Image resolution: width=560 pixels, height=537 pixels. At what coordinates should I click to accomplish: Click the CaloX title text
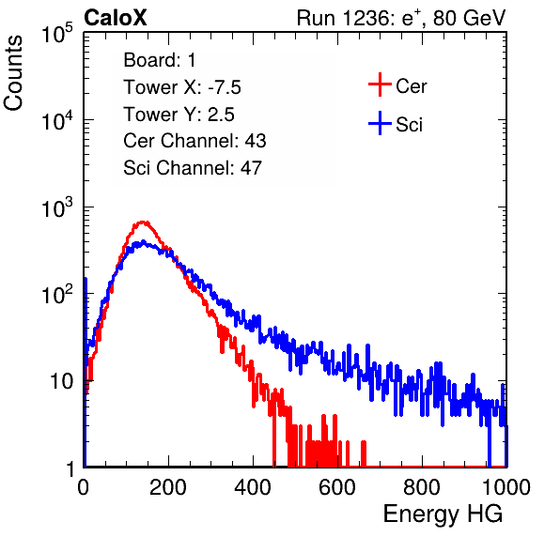pyautogui.click(x=116, y=18)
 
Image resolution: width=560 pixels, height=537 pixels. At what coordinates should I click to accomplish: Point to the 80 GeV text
pyautogui.click(x=470, y=18)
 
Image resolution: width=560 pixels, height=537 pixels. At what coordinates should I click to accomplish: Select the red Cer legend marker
pyautogui.click(x=380, y=84)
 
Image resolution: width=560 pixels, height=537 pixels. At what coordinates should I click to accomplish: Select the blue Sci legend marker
pyautogui.click(x=380, y=123)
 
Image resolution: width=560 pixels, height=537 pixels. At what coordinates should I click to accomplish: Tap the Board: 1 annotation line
pyautogui.click(x=160, y=60)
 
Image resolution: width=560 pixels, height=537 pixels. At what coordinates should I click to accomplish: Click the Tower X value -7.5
pyautogui.click(x=225, y=87)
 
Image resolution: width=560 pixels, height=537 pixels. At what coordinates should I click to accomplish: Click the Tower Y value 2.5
pyautogui.click(x=221, y=115)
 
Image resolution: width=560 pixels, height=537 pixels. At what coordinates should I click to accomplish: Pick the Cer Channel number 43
pyautogui.click(x=256, y=141)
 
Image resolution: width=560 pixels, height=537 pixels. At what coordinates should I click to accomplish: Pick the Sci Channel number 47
pyautogui.click(x=251, y=168)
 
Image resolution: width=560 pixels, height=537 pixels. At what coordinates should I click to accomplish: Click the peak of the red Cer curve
pyautogui.click(x=143, y=222)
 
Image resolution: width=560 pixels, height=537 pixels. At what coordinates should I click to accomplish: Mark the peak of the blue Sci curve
pyautogui.click(x=143, y=242)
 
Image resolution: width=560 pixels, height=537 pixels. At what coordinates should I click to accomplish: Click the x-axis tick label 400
pyautogui.click(x=253, y=486)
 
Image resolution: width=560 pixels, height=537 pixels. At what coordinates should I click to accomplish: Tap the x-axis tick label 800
pyautogui.click(x=422, y=486)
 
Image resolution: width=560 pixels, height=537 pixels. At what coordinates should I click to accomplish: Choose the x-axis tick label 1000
pyautogui.click(x=506, y=486)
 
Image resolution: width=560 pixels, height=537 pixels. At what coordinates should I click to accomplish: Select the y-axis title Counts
pyautogui.click(x=13, y=73)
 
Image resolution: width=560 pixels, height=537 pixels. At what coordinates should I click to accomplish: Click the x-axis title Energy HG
pyautogui.click(x=443, y=514)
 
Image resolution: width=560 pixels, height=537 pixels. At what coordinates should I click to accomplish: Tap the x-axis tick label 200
pyautogui.click(x=168, y=486)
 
